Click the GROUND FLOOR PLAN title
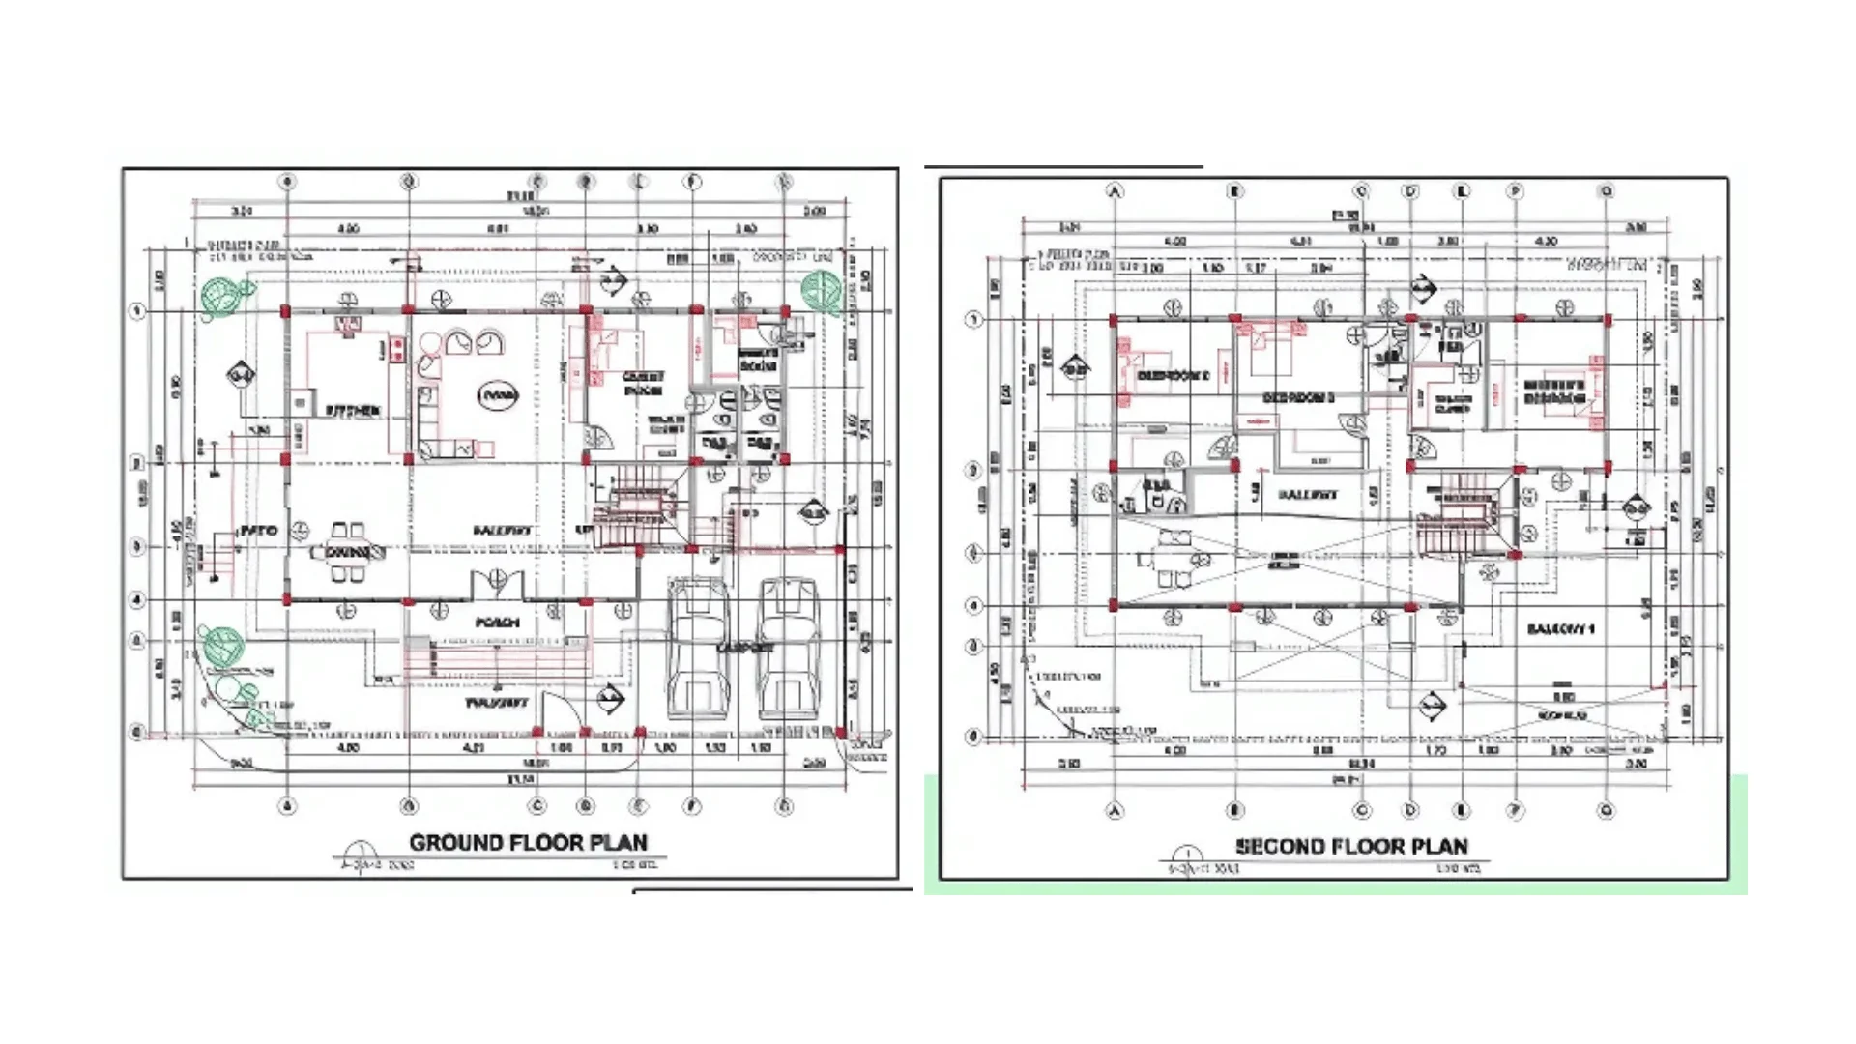tap(528, 842)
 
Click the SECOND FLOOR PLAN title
tap(1351, 847)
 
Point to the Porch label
tap(498, 623)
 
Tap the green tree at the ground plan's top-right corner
tap(822, 289)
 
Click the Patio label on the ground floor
tap(258, 531)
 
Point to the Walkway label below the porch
tap(497, 703)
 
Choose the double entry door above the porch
tap(497, 584)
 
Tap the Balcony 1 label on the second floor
tap(1560, 629)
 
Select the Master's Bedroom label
tap(1553, 391)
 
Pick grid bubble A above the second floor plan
tap(1116, 191)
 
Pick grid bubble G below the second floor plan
tap(1607, 811)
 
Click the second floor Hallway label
tap(1308, 494)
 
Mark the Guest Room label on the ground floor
tap(642, 383)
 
